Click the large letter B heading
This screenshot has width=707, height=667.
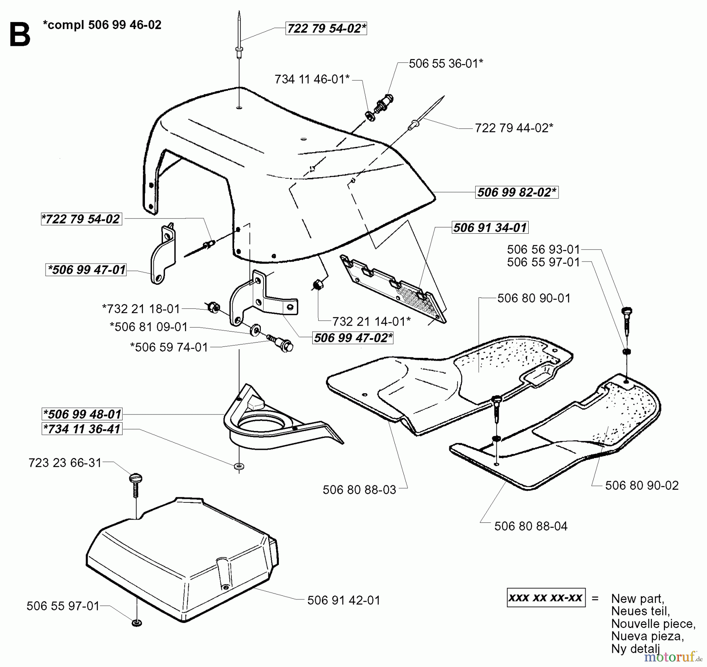tap(20, 35)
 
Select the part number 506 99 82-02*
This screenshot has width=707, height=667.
tap(517, 192)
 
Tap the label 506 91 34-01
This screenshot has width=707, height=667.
tap(489, 227)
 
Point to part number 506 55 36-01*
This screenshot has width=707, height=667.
tap(446, 64)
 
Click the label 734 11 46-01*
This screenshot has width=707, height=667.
tap(312, 79)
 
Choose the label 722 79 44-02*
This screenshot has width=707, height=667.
tap(514, 128)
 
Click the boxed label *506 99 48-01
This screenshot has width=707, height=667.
tap(82, 414)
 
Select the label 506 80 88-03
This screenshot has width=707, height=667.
tap(359, 490)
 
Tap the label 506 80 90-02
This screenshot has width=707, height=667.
tap(641, 486)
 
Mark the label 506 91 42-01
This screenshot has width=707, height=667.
tap(344, 600)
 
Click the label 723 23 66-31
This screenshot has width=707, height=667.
tap(65, 463)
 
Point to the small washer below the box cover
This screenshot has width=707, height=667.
tap(137, 623)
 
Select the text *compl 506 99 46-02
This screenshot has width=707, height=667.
tap(102, 25)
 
